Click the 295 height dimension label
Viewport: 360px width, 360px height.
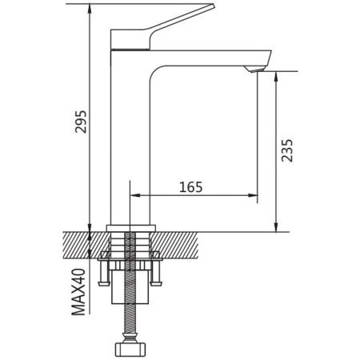tap(81, 122)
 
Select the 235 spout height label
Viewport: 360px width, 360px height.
tap(287, 150)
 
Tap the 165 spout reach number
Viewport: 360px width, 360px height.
tap(191, 187)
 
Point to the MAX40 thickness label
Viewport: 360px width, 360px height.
tap(78, 292)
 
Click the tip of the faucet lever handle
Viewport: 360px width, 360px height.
tap(214, 6)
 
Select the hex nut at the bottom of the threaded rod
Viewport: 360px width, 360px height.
tap(130, 350)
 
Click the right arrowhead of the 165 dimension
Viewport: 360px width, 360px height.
tap(253, 195)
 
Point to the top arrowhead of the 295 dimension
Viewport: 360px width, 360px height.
tap(90, 9)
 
